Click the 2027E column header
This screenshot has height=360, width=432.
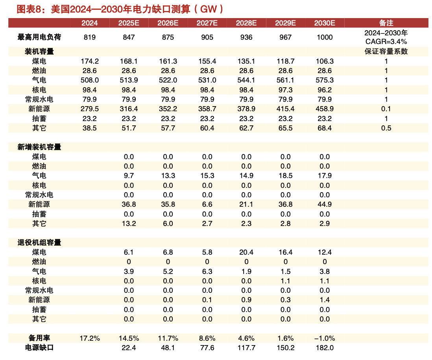207,23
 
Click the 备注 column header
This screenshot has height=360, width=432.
386,23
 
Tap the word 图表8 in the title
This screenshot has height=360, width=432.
30,9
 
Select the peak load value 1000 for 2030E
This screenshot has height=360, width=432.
325,37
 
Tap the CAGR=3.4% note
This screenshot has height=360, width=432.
386,41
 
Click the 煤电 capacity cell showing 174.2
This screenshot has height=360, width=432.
90,61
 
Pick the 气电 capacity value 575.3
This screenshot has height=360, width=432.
325,80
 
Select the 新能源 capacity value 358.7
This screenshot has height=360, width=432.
207,109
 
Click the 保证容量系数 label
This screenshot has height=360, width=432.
386,51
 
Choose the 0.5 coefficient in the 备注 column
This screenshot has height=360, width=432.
386,128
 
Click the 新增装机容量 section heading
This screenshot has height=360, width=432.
39,147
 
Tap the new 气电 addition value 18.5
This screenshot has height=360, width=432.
286,176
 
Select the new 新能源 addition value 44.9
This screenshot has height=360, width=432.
325,204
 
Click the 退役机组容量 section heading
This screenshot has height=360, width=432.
39,242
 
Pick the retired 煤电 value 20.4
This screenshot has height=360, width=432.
246,252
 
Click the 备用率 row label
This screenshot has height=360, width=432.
39,338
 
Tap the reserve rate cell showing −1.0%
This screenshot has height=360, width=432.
325,338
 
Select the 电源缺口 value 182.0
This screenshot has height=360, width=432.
325,348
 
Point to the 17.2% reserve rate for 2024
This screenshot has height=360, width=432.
90,338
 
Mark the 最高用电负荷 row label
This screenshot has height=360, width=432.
39,37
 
